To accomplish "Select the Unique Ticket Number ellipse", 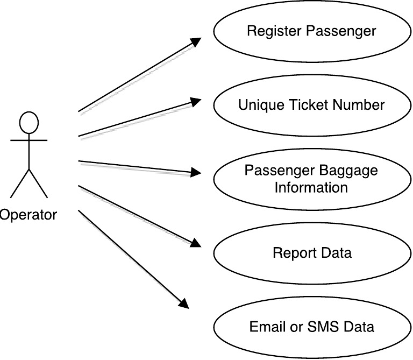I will [x=311, y=105].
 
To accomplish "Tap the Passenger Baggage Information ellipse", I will [x=311, y=179].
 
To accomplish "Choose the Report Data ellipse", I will [x=311, y=252].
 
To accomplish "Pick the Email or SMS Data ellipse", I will [x=311, y=327].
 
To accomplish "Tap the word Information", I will [x=311, y=187].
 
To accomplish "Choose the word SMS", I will [x=330, y=327].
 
